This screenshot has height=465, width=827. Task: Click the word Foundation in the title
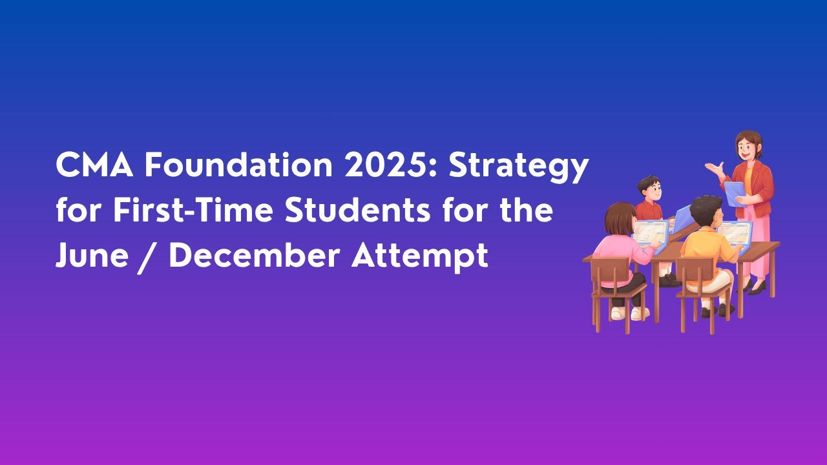pos(237,166)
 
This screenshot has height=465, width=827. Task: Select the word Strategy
pos(519,167)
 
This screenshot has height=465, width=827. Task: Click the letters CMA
pos(94,166)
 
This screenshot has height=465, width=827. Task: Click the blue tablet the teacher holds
pos(734,193)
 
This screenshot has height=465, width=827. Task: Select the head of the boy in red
pos(649,188)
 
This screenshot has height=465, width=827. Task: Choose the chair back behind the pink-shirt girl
pos(611,275)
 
